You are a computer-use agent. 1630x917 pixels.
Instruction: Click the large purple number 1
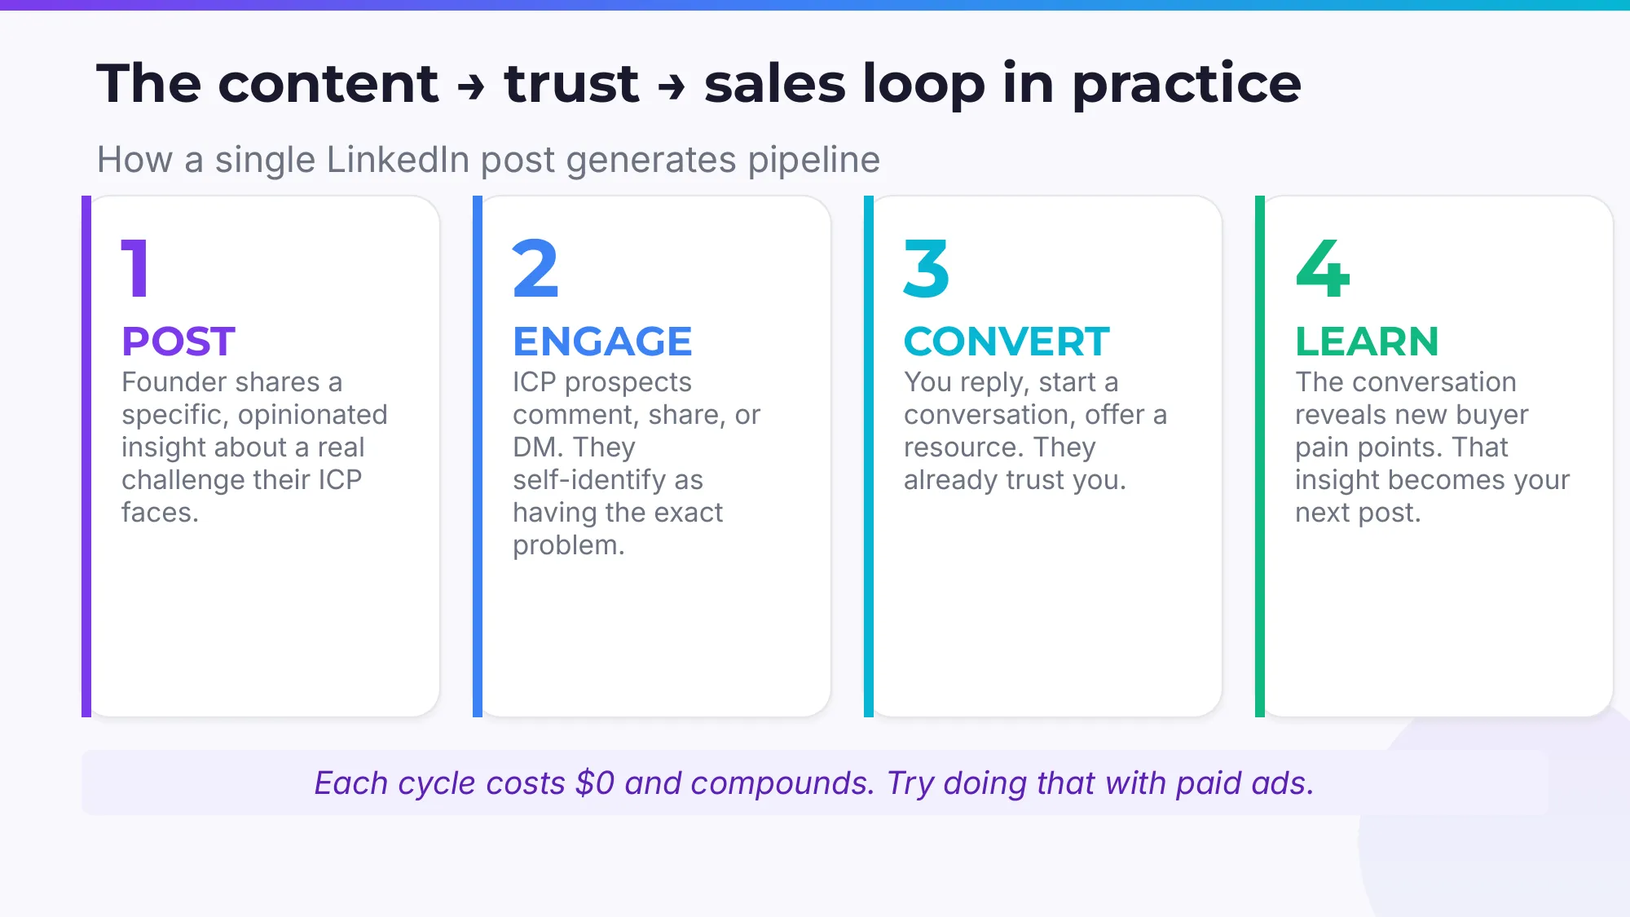click(136, 268)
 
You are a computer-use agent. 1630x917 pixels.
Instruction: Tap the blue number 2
click(535, 268)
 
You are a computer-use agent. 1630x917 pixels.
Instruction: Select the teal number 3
click(927, 268)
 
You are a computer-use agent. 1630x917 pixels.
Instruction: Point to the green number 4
click(1322, 268)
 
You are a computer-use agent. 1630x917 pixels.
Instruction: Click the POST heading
click(178, 342)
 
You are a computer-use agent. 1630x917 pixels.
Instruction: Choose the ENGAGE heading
click(602, 342)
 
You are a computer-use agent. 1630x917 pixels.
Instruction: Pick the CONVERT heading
click(1007, 342)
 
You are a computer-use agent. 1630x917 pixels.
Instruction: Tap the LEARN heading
click(1367, 342)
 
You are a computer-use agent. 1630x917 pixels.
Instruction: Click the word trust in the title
click(571, 84)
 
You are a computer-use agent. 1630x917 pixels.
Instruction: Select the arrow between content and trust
click(471, 86)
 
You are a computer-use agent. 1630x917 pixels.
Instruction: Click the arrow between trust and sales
click(672, 86)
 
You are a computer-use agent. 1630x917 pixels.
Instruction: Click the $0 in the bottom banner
click(594, 783)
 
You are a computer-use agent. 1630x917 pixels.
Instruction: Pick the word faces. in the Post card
click(160, 513)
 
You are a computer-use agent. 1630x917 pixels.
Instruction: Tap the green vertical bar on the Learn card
click(1260, 456)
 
